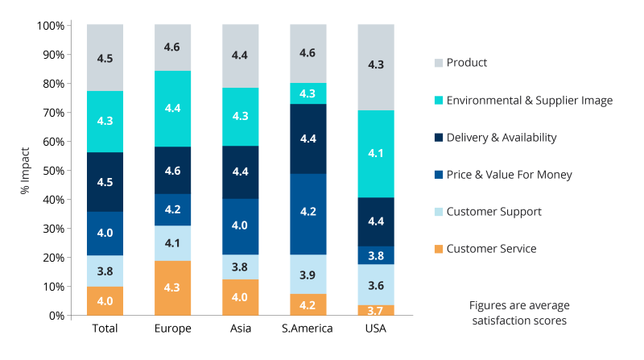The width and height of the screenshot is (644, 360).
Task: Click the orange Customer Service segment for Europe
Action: pos(172,288)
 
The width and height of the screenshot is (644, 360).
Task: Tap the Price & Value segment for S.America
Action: pos(308,213)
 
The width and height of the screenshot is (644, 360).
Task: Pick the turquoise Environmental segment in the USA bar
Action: pos(376,153)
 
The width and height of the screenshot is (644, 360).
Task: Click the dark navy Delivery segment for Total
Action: pos(105,181)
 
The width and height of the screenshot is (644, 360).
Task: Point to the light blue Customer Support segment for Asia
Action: pos(240,267)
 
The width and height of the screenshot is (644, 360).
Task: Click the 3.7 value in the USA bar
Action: pos(376,310)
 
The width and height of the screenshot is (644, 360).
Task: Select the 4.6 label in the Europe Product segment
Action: pos(172,48)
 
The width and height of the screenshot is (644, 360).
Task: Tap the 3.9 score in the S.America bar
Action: pos(308,275)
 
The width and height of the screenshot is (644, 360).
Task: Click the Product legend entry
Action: pos(467,63)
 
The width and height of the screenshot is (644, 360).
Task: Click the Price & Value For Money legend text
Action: pos(509,175)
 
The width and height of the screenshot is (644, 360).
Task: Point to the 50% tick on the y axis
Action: pos(53,171)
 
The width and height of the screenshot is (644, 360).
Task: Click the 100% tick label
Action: pos(51,26)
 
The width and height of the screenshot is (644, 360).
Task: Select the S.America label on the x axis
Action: pos(308,329)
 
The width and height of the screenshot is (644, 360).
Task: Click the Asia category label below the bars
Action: pos(240,329)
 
